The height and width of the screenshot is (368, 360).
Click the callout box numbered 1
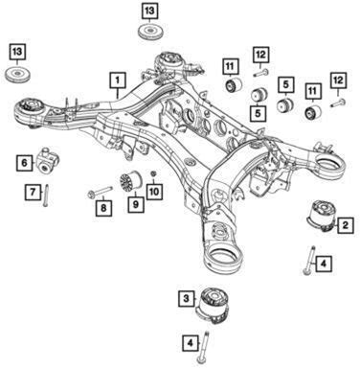click(118, 80)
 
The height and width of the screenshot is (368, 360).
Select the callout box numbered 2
click(345, 225)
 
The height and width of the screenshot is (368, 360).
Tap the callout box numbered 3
click(187, 299)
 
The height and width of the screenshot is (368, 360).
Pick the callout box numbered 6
click(25, 163)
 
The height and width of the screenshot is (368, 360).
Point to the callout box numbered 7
click(33, 192)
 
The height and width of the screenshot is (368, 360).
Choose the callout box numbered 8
click(103, 208)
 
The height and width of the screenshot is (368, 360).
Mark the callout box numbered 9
click(136, 204)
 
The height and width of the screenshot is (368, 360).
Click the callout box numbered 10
click(154, 192)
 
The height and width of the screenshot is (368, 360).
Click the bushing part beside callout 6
click(48, 161)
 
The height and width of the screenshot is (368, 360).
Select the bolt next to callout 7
click(45, 195)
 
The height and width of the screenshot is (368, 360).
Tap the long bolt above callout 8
click(100, 191)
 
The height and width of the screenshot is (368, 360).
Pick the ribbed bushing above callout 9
click(130, 182)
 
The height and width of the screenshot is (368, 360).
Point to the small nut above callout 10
click(153, 173)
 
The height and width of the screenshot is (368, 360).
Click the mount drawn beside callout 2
click(321, 216)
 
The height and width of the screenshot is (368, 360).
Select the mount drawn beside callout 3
click(212, 304)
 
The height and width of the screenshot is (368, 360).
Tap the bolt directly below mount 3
click(203, 347)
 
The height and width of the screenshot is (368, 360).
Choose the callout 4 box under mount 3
click(191, 343)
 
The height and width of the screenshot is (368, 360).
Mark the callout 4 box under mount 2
click(324, 264)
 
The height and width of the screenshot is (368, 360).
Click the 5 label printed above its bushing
click(286, 84)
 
